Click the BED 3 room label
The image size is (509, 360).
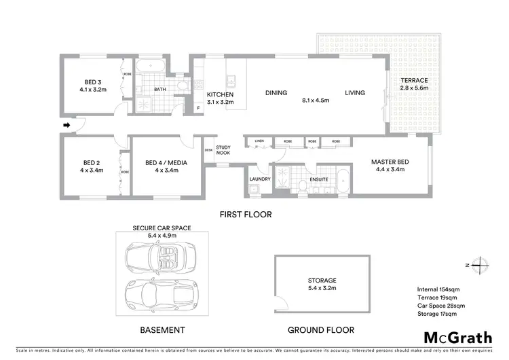point(93,81)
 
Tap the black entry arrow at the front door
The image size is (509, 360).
point(67,125)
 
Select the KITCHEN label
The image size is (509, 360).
point(220,94)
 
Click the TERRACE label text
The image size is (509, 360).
point(413,80)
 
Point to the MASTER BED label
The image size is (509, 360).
point(388,162)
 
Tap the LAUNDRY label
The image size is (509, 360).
point(260,179)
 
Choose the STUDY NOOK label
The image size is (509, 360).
point(224,151)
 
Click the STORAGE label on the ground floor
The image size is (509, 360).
point(321,280)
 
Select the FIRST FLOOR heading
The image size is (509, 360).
point(245,214)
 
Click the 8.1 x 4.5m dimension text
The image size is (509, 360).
point(316,101)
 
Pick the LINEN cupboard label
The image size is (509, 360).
point(259,141)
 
